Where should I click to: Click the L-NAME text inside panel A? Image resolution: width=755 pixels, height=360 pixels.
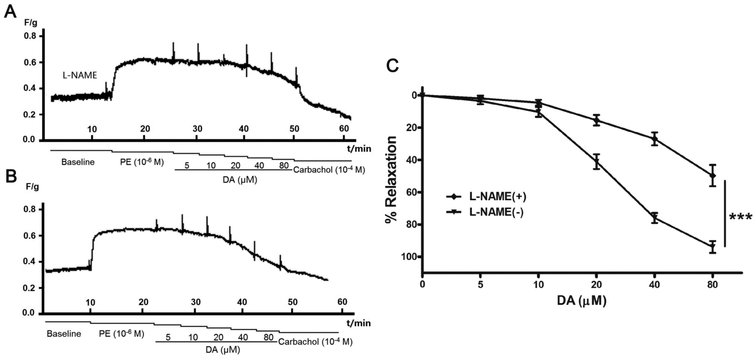(x=80, y=75)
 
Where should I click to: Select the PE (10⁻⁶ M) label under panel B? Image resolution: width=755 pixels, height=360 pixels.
(x=121, y=334)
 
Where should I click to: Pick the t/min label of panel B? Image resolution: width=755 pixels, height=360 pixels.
(x=359, y=323)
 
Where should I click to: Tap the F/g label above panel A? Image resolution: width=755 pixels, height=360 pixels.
(x=31, y=23)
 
